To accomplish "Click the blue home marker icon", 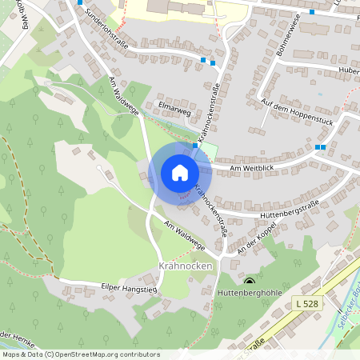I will pos(180,173).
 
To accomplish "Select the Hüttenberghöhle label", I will pos(250,294).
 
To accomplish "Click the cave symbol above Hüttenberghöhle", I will pos(250,282).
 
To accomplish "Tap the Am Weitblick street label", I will pos(252,168).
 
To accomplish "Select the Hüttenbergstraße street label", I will pos(290,208).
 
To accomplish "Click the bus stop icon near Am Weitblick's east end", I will pos(320,147).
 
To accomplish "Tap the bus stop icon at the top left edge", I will pos(80,2).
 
